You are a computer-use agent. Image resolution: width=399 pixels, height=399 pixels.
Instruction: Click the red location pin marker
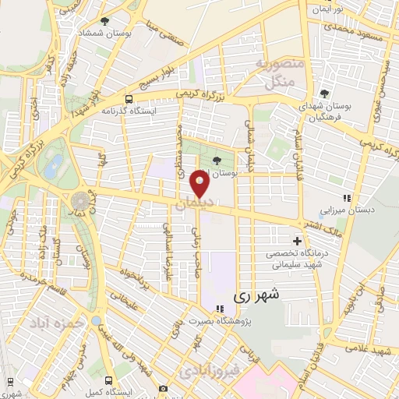[200, 184]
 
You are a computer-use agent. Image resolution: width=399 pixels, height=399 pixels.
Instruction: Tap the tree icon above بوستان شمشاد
[105, 21]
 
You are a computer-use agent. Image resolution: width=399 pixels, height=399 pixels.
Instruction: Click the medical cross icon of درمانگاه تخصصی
[296, 241]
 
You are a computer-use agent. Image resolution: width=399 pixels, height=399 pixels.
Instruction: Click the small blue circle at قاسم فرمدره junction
[95, 320]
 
